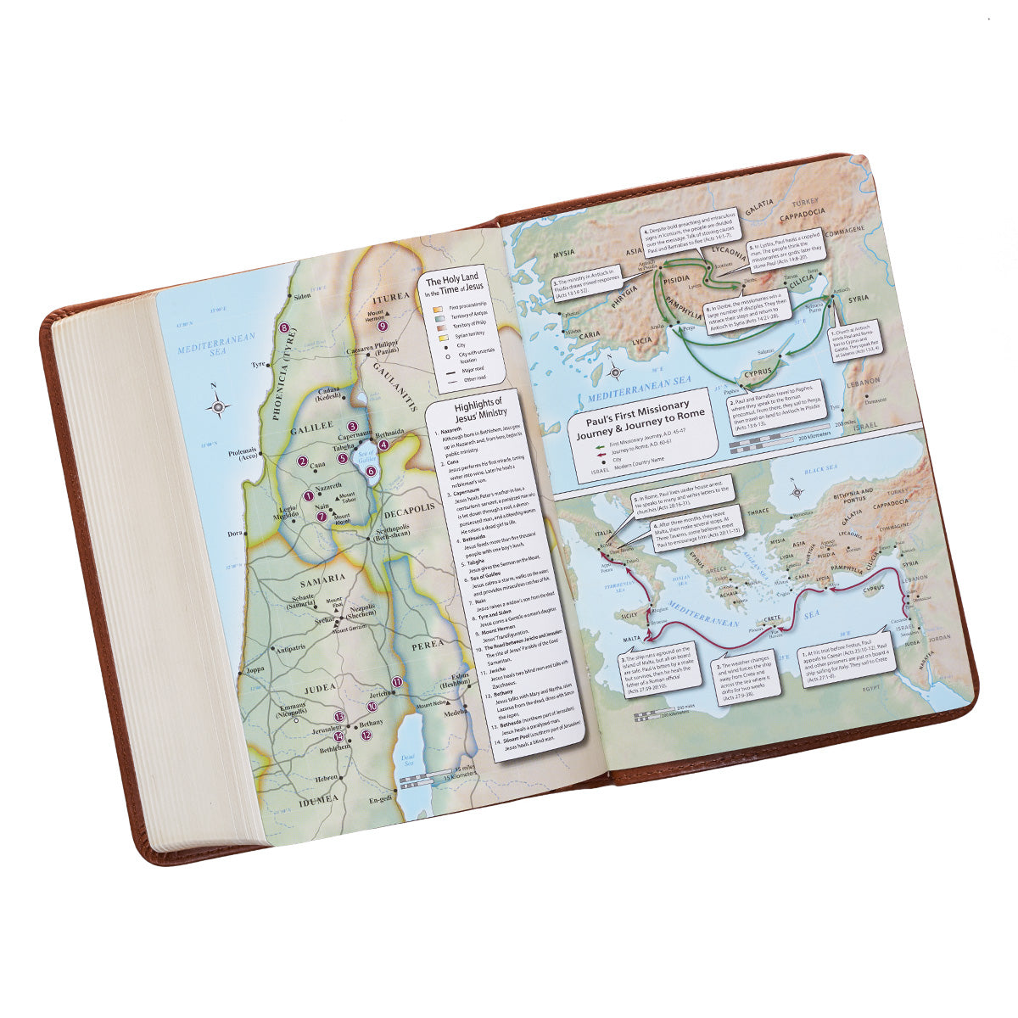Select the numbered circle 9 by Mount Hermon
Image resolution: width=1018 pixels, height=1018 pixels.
click(x=383, y=325)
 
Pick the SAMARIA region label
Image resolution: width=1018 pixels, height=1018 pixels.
click(x=322, y=578)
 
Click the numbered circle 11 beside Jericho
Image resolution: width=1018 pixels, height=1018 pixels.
click(x=396, y=682)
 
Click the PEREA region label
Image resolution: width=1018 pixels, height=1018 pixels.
click(x=428, y=644)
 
